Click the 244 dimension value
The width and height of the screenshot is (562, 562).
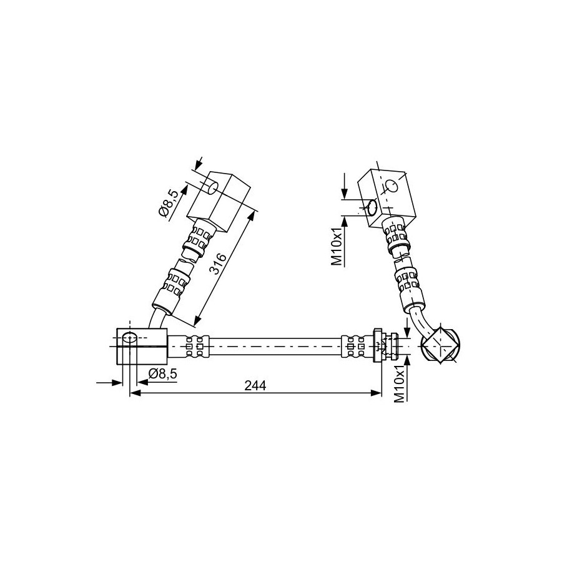(x=255, y=385)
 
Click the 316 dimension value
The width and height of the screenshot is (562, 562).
(x=218, y=264)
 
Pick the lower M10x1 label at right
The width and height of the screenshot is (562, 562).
(x=400, y=383)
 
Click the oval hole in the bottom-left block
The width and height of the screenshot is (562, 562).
(x=129, y=338)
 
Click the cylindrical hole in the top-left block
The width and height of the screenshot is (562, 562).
(x=212, y=187)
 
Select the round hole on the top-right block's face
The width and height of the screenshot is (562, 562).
(x=391, y=186)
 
